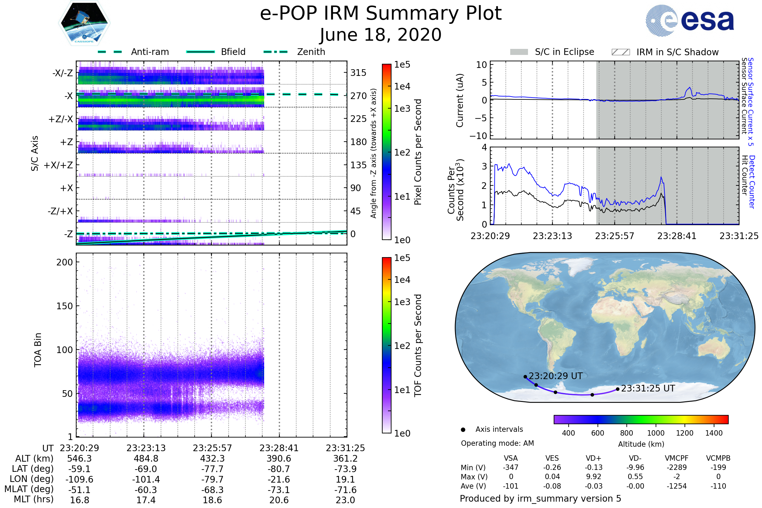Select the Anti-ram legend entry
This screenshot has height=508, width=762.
click(150, 52)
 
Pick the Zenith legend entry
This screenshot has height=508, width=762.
click(311, 52)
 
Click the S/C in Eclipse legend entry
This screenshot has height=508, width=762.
click(564, 52)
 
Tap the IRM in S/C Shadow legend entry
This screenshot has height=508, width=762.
click(677, 52)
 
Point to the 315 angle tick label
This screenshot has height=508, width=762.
click(358, 73)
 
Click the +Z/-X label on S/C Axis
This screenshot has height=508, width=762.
click(61, 119)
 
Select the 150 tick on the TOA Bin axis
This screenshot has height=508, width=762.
click(64, 306)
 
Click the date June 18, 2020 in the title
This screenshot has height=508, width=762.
click(381, 35)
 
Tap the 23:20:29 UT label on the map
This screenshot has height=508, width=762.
click(555, 376)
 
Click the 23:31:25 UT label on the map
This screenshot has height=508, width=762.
click(648, 388)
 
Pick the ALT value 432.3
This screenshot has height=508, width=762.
click(212, 458)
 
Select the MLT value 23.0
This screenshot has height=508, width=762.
click(345, 500)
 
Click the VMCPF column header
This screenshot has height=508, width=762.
click(676, 458)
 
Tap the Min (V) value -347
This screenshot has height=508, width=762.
click(511, 467)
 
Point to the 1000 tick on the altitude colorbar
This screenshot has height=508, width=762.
click(655, 433)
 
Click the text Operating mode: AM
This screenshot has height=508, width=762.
click(497, 443)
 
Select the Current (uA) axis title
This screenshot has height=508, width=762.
click(460, 100)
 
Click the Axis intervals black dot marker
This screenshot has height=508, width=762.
click(463, 430)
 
